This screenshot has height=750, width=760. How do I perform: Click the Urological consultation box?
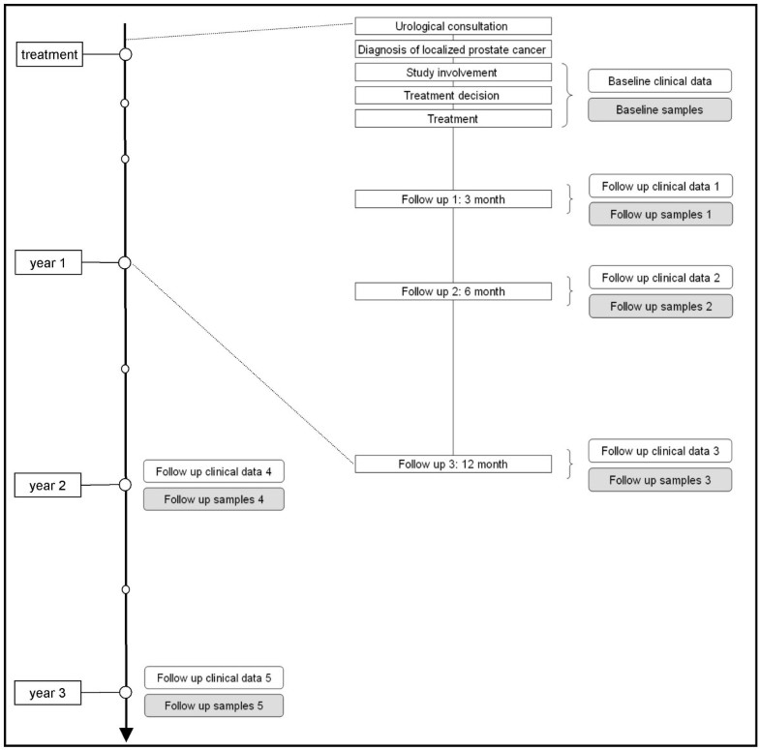(x=453, y=26)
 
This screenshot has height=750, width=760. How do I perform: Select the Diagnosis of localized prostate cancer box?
(x=453, y=49)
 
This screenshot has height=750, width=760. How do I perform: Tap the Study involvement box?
(x=453, y=73)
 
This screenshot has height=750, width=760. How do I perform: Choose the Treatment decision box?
(x=453, y=96)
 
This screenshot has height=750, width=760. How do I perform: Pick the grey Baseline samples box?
(x=659, y=109)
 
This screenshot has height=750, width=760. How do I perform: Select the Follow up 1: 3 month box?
(x=453, y=199)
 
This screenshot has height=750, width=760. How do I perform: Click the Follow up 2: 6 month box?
(x=453, y=291)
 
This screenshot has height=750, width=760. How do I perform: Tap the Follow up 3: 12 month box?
(x=453, y=465)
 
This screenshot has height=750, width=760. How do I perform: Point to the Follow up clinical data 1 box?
(x=660, y=187)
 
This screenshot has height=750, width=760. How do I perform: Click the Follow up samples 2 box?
(x=660, y=306)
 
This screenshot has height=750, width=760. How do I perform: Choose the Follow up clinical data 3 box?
(x=660, y=451)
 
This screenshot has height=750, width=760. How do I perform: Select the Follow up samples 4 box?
(x=213, y=499)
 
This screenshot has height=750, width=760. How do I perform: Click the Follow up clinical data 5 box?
(x=213, y=677)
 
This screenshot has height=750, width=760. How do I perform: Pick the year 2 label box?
(x=48, y=485)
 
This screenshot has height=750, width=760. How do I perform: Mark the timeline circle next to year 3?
(x=125, y=693)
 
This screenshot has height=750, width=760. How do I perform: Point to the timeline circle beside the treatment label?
(x=125, y=55)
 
